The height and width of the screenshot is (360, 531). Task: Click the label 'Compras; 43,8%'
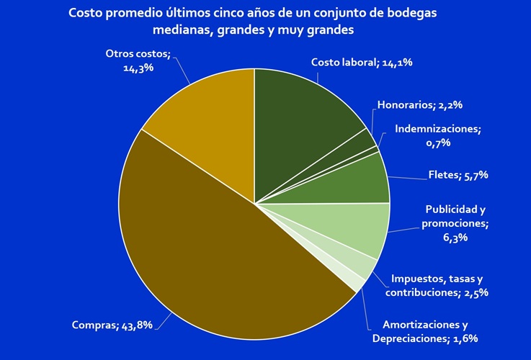click(112, 325)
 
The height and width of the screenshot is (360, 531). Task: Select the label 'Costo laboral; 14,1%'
click(362, 62)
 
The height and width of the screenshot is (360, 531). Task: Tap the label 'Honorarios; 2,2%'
click(419, 104)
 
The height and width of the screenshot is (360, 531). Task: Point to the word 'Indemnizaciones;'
click(438, 129)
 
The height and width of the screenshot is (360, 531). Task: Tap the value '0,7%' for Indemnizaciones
click(437, 143)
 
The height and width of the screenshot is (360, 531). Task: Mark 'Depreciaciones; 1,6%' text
click(425, 338)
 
